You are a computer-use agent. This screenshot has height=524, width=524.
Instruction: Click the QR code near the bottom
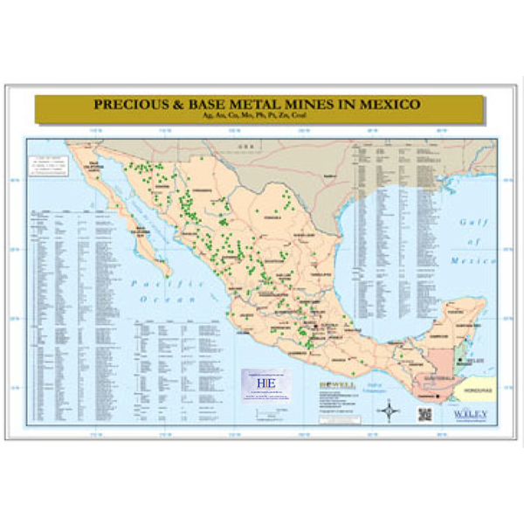[x=425, y=414]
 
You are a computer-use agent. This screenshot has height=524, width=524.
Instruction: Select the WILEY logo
[x=471, y=415]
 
